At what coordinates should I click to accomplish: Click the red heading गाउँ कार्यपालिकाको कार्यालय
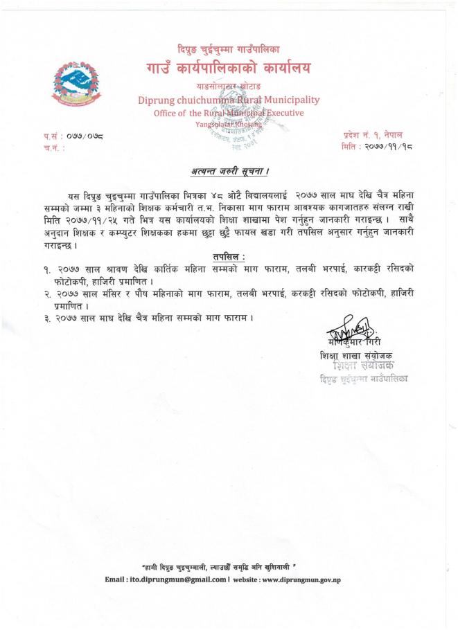228,69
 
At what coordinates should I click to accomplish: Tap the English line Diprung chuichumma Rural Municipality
228,100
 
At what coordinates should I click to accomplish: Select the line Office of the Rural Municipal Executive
228,113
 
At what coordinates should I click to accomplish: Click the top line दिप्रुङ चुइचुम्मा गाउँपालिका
228,49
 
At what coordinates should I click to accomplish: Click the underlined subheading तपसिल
229,257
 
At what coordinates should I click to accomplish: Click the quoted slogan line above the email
228,566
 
